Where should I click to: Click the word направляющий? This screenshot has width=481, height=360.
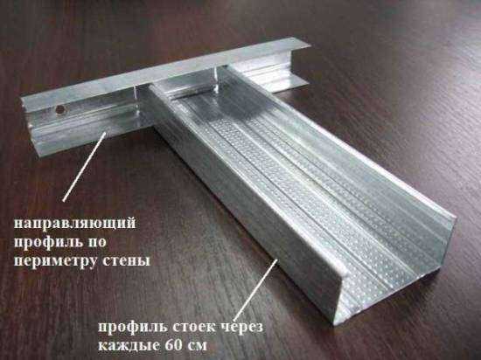[x=74, y=224]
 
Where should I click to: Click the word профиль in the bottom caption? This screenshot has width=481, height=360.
[x=133, y=328]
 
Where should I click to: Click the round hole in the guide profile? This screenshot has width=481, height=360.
[x=60, y=110]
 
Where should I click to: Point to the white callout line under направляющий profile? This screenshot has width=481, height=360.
[x=84, y=166]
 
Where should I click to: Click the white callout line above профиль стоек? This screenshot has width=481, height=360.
[x=256, y=289]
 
